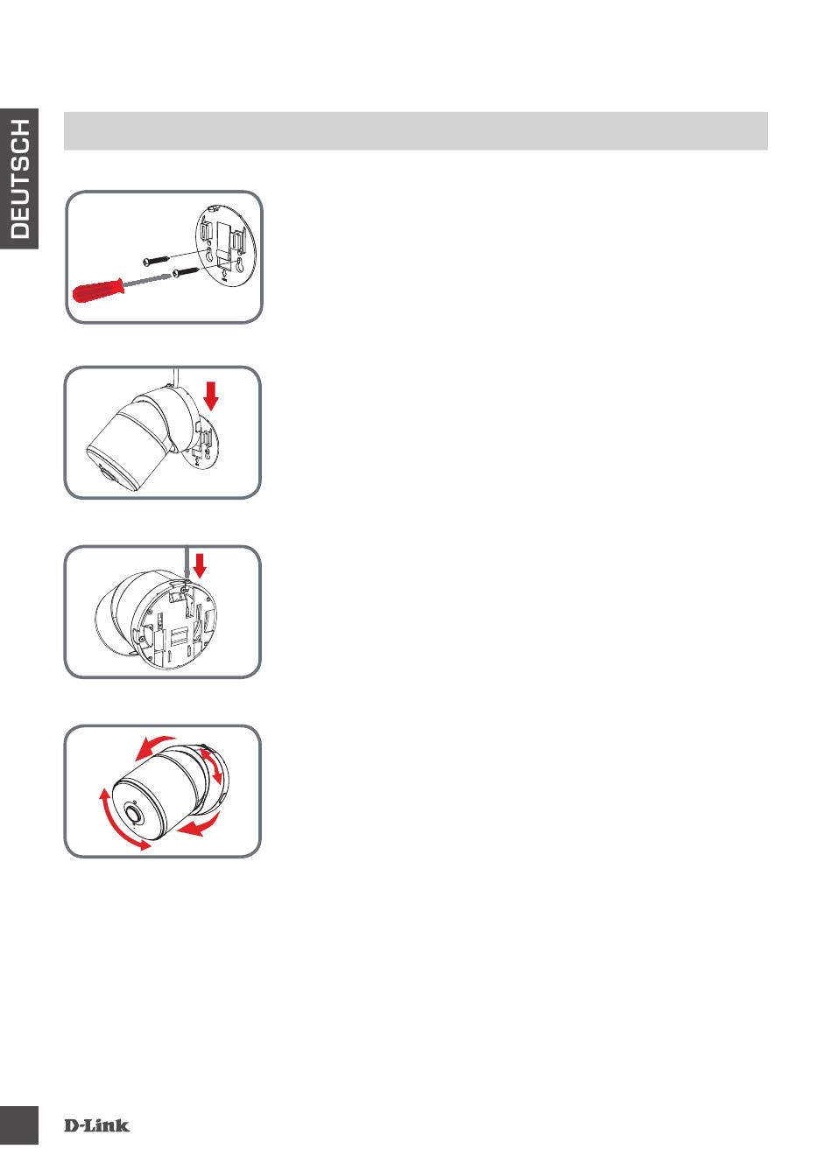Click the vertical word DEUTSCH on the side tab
[x=20, y=179]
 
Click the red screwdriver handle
[x=98, y=291]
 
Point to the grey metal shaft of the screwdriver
[x=147, y=279]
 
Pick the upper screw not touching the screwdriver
[x=156, y=258]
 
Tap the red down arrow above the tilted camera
[x=211, y=396]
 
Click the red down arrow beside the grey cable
[x=200, y=565]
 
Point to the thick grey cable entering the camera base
[x=187, y=564]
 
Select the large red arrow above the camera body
[x=154, y=747]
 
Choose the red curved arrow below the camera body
[x=199, y=824]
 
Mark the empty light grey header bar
[x=415, y=131]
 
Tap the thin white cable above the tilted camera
[x=176, y=377]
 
